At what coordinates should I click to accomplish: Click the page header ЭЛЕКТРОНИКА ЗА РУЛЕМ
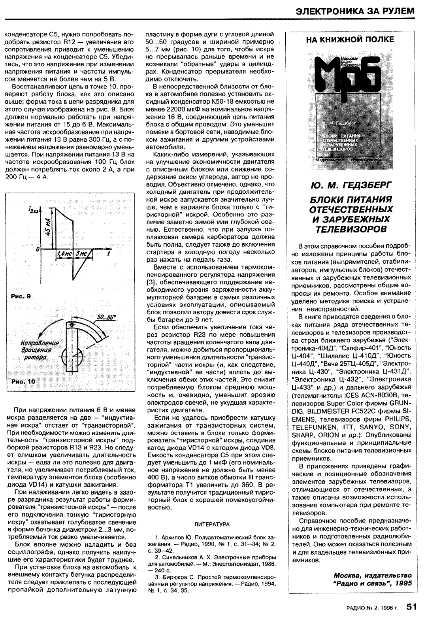[x=355, y=11]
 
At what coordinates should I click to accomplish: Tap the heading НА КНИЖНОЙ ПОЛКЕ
[x=349, y=39]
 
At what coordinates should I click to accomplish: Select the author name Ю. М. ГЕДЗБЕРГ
[x=349, y=184]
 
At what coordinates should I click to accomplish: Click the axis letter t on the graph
[x=108, y=254]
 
